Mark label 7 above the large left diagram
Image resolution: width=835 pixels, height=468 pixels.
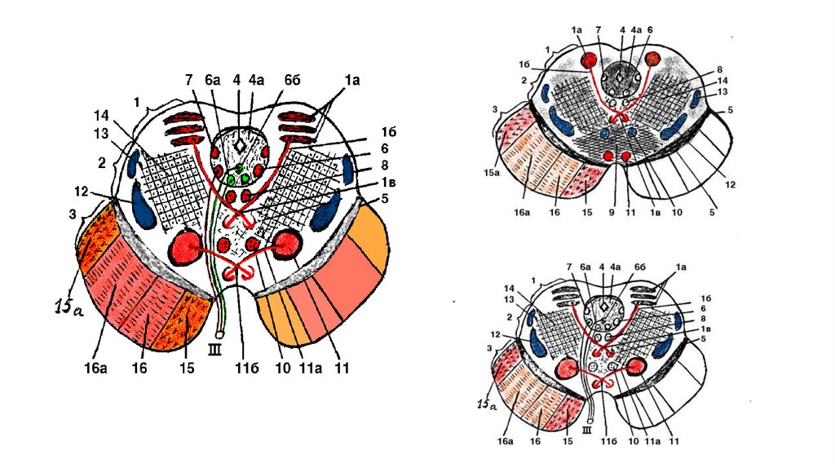(189, 79)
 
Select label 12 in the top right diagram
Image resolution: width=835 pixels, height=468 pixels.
(731, 185)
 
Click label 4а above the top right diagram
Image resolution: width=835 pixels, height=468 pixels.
(637, 30)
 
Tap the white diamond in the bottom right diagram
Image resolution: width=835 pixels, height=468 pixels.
(604, 309)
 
